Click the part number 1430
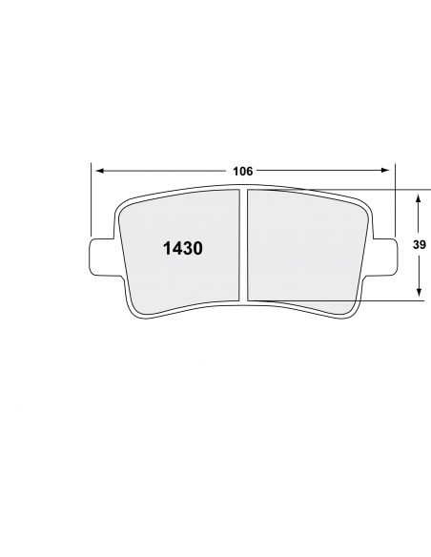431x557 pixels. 183,249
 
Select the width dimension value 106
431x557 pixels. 243,172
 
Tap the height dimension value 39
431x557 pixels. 420,245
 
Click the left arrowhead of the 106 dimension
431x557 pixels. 100,171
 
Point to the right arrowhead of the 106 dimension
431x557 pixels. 385,171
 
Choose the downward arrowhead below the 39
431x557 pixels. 420,292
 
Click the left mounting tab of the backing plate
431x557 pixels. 104,257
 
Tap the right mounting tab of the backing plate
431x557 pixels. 382,257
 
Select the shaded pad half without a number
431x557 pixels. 304,249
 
